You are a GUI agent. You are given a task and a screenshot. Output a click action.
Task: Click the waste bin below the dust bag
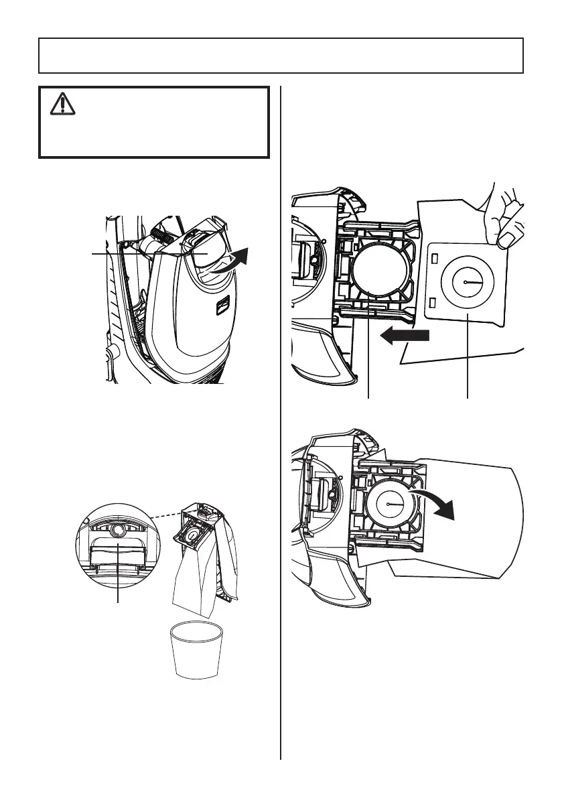196,650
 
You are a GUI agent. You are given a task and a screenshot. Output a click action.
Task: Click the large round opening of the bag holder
379,274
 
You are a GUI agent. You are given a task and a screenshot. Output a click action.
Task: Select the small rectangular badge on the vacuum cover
222,308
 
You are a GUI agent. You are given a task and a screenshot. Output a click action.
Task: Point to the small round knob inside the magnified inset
119,529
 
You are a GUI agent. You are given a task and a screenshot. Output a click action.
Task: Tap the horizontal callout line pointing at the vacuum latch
134,254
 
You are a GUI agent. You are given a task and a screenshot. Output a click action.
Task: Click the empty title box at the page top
281,55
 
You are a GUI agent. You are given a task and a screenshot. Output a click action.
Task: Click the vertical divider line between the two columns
280,469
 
